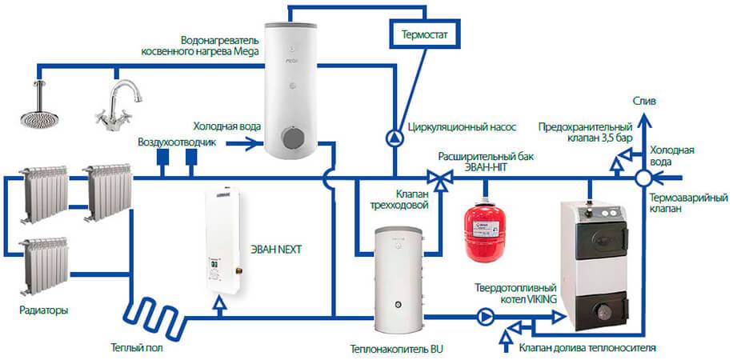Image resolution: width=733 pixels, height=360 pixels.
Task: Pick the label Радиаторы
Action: pos(42,309)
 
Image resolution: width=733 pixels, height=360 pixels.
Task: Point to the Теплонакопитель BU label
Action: pos(396,349)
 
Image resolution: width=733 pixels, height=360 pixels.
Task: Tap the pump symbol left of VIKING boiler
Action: pos(486,315)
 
